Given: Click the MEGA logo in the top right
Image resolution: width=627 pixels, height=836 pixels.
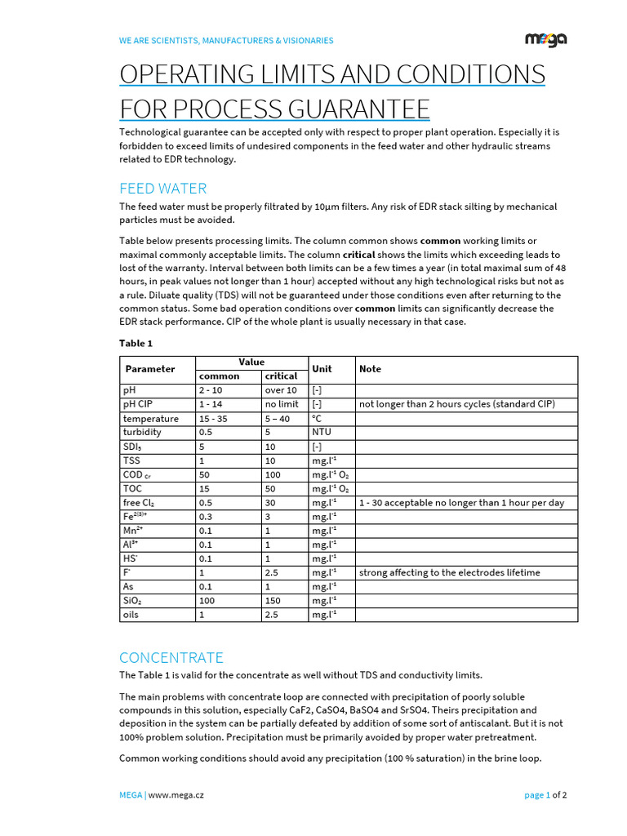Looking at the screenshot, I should click(545, 39).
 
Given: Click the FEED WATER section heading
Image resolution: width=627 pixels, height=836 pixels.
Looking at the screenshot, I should click(163, 189).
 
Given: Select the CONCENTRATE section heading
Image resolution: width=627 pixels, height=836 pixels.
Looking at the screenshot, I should click(171, 657).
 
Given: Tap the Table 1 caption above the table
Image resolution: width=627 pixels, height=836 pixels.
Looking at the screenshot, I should click(136, 343).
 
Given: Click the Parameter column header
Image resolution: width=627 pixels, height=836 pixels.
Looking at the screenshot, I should click(150, 369).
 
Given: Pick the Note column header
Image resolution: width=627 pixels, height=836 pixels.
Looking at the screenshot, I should click(370, 369).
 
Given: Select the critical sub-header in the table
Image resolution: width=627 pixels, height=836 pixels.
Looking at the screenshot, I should click(281, 376).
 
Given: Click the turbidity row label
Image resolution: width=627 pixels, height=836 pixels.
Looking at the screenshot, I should click(142, 432).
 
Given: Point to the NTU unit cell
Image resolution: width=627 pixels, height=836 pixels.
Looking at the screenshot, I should click(322, 432).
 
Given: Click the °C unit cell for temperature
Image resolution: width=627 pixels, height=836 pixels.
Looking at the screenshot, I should click(318, 418).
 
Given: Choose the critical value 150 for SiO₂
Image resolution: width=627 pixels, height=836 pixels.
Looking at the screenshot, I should click(275, 600).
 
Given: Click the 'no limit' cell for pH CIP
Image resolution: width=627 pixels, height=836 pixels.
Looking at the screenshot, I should click(282, 404).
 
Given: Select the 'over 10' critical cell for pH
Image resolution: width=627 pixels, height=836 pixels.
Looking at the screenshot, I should click(281, 390).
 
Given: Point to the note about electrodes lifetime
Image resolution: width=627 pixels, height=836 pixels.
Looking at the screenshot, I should click(449, 572).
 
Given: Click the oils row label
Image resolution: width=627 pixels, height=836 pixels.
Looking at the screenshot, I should click(131, 614).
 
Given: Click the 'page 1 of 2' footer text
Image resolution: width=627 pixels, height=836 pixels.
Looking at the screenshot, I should click(545, 794).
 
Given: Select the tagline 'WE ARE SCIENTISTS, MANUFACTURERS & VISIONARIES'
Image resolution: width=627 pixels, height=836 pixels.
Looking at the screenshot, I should click(226, 40).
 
